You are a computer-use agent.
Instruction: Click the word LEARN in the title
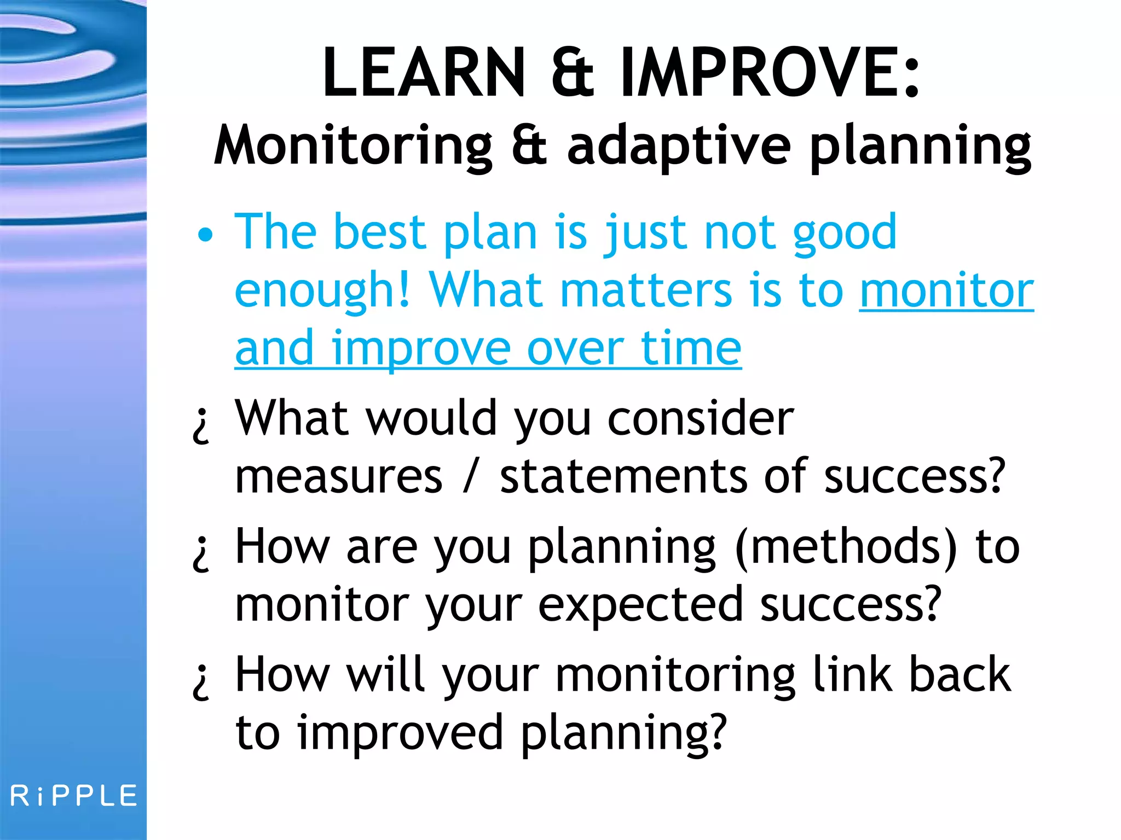(x=424, y=72)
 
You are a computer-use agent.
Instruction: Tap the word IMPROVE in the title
(x=761, y=72)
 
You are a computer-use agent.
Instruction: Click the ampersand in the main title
(x=572, y=73)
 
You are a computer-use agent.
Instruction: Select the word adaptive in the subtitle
(x=679, y=145)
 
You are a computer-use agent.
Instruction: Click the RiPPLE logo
(x=74, y=796)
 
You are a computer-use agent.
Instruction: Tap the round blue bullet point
(x=205, y=235)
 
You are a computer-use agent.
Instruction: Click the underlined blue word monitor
(x=946, y=290)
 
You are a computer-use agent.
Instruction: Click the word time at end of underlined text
(x=691, y=348)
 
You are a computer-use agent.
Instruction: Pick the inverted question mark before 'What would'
(x=201, y=425)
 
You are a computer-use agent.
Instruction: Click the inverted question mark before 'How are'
(x=201, y=553)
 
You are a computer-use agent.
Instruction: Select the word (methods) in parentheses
(x=846, y=548)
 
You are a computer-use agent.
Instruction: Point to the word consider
(x=701, y=419)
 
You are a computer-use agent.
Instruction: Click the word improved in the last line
(x=400, y=733)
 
